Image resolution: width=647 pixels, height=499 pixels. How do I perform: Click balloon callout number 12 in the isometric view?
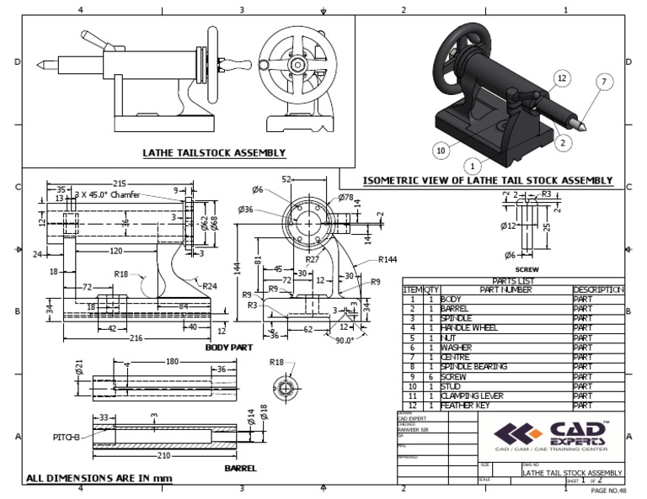click(x=561, y=77)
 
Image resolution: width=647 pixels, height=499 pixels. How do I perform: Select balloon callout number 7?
click(x=603, y=82)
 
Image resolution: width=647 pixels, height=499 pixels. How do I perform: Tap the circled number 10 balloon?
click(x=440, y=151)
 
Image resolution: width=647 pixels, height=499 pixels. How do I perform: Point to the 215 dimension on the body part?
click(x=120, y=183)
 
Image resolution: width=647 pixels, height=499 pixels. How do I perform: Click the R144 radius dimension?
click(x=388, y=260)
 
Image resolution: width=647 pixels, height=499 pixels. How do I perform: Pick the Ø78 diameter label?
click(x=346, y=198)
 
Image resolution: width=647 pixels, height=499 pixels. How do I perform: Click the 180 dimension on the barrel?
click(x=173, y=362)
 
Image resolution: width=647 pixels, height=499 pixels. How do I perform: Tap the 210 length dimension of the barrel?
click(x=164, y=454)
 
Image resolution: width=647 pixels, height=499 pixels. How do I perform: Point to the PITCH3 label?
click(x=67, y=438)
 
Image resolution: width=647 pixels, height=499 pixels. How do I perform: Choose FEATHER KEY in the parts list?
click(x=464, y=406)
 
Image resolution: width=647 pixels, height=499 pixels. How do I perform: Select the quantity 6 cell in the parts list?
click(x=429, y=376)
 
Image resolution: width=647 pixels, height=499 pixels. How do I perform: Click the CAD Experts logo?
click(x=552, y=435)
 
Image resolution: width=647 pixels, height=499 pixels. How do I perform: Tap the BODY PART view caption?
click(x=229, y=347)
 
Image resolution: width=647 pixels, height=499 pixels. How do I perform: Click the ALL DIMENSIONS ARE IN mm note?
click(x=99, y=479)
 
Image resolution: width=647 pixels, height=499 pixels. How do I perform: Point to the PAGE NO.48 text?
click(x=608, y=490)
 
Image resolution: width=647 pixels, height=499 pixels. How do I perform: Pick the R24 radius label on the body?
click(x=210, y=286)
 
